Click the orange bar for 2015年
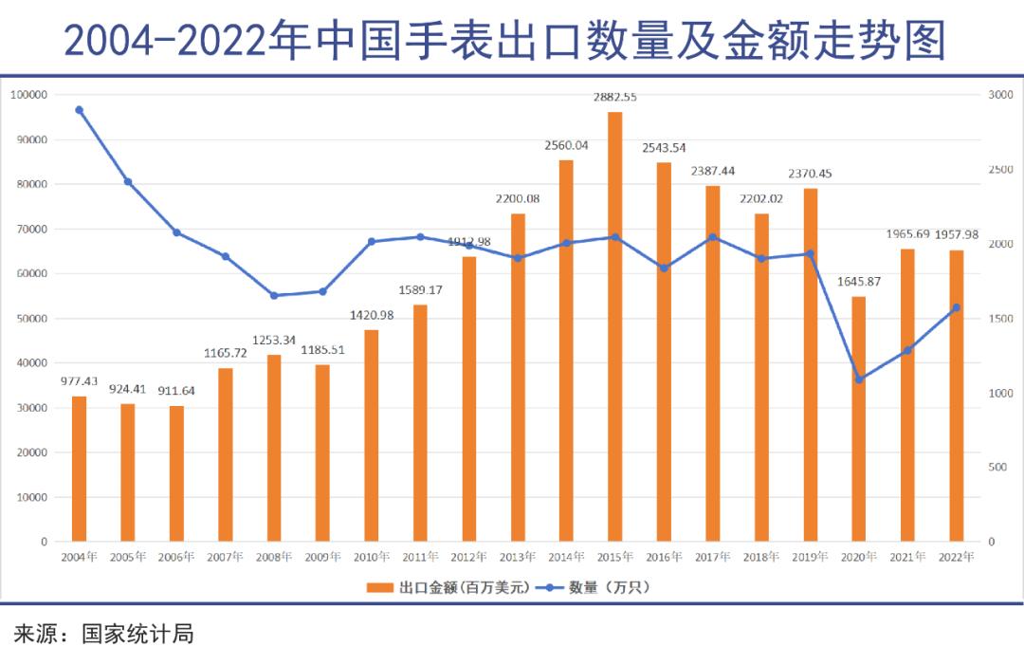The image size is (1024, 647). pyautogui.click(x=614, y=326)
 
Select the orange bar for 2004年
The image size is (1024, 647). pyautogui.click(x=79, y=469)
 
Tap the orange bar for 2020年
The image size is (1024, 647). pyautogui.click(x=858, y=418)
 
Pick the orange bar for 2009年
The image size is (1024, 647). pyautogui.click(x=322, y=453)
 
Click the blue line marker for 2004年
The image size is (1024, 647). pyautogui.click(x=79, y=110)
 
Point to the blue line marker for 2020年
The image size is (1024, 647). pyautogui.click(x=859, y=379)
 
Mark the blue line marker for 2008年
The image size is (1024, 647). pyautogui.click(x=274, y=295)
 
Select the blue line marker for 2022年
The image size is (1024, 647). pyautogui.click(x=956, y=307)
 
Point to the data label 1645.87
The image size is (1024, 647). pyautogui.click(x=859, y=281)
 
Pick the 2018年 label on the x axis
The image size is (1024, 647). pyautogui.click(x=761, y=557)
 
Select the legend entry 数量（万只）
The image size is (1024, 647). pyautogui.click(x=608, y=587)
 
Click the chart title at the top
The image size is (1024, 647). pyautogui.click(x=504, y=40)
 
